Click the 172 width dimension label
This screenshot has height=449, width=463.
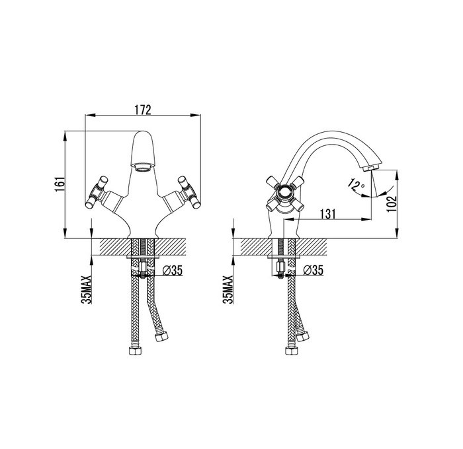point(143,110)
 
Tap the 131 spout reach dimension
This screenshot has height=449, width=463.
point(328,214)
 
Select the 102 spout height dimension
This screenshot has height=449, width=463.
point(391,204)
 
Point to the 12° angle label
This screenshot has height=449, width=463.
point(356,184)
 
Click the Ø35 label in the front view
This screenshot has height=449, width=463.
point(173,269)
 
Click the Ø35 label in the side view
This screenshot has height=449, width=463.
point(314,269)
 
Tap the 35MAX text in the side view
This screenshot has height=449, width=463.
point(228,289)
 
